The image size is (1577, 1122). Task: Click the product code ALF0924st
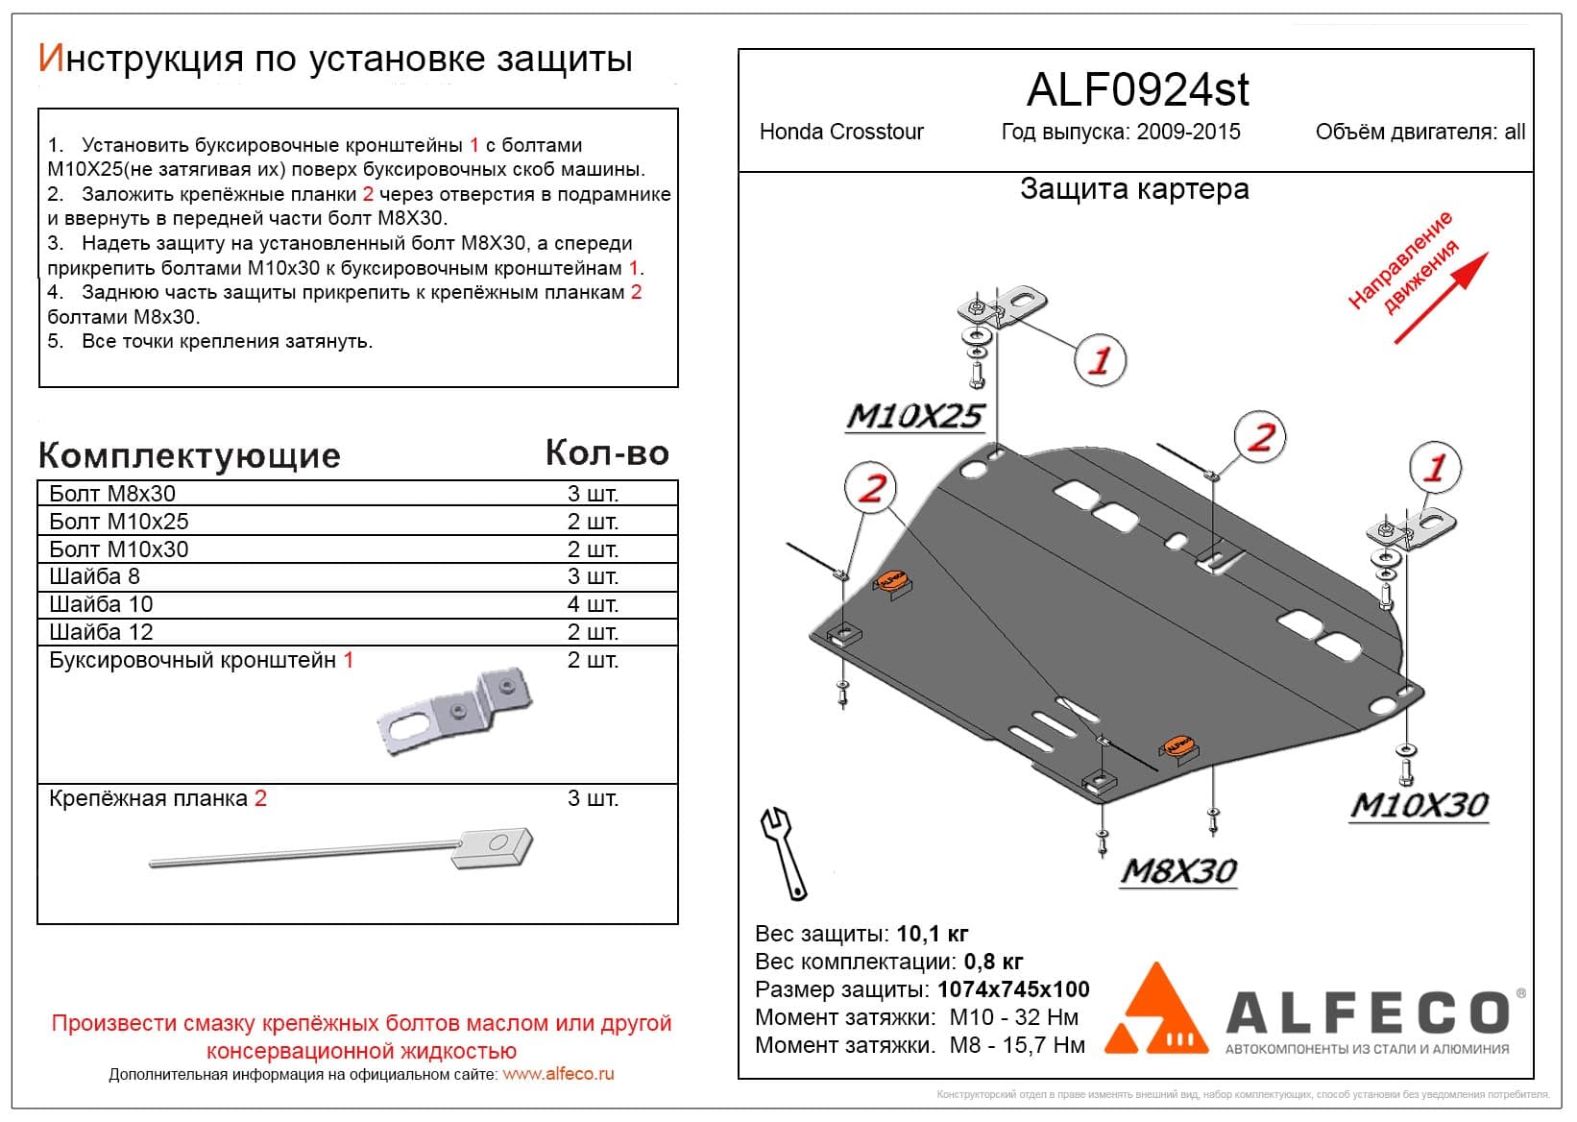(1137, 90)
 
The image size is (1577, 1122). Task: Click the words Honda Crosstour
(841, 132)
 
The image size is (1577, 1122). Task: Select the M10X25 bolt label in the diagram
(914, 416)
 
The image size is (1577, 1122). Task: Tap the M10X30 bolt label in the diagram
(1419, 805)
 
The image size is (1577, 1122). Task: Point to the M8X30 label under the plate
(1178, 870)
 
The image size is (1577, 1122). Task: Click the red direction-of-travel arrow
(1441, 297)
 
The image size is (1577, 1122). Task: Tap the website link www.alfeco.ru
(558, 1074)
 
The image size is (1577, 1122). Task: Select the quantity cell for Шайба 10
(593, 604)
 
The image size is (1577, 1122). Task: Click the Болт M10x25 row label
(119, 522)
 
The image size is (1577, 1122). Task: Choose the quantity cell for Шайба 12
(593, 632)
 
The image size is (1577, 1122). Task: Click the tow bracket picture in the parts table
(453, 711)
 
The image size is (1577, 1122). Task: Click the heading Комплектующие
(189, 455)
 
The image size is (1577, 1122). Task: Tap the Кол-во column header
(607, 452)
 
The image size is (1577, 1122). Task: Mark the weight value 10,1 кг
(932, 934)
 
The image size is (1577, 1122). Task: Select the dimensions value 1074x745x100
(1013, 989)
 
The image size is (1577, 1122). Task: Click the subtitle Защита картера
(1134, 189)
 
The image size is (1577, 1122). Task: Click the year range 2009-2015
(1188, 132)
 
